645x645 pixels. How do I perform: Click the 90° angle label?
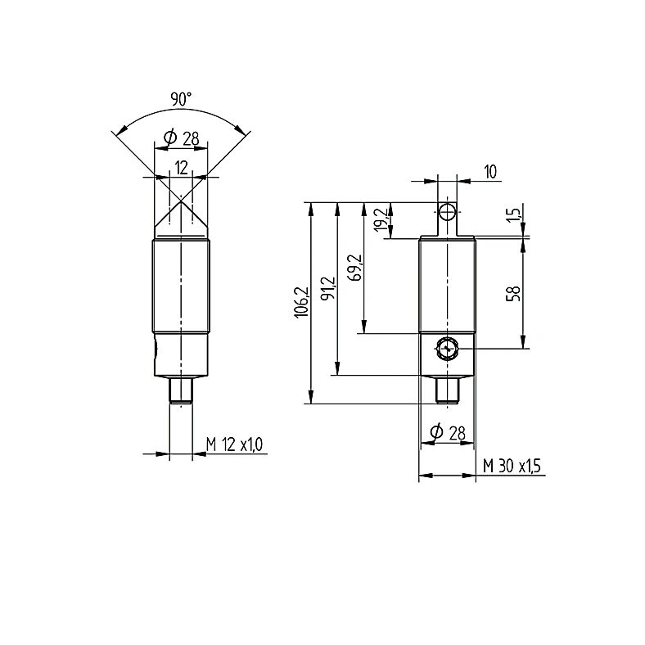181,99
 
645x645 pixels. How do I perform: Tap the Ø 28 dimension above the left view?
182,138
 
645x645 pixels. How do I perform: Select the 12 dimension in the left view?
182,168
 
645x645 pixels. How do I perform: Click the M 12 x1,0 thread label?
234,444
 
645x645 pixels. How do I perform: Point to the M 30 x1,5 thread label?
512,466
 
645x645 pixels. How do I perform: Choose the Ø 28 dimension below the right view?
448,433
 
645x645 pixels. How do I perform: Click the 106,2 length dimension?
301,302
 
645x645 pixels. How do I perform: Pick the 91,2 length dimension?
330,288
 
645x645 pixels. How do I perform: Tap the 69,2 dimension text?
354,268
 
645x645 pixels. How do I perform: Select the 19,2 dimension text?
381,219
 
